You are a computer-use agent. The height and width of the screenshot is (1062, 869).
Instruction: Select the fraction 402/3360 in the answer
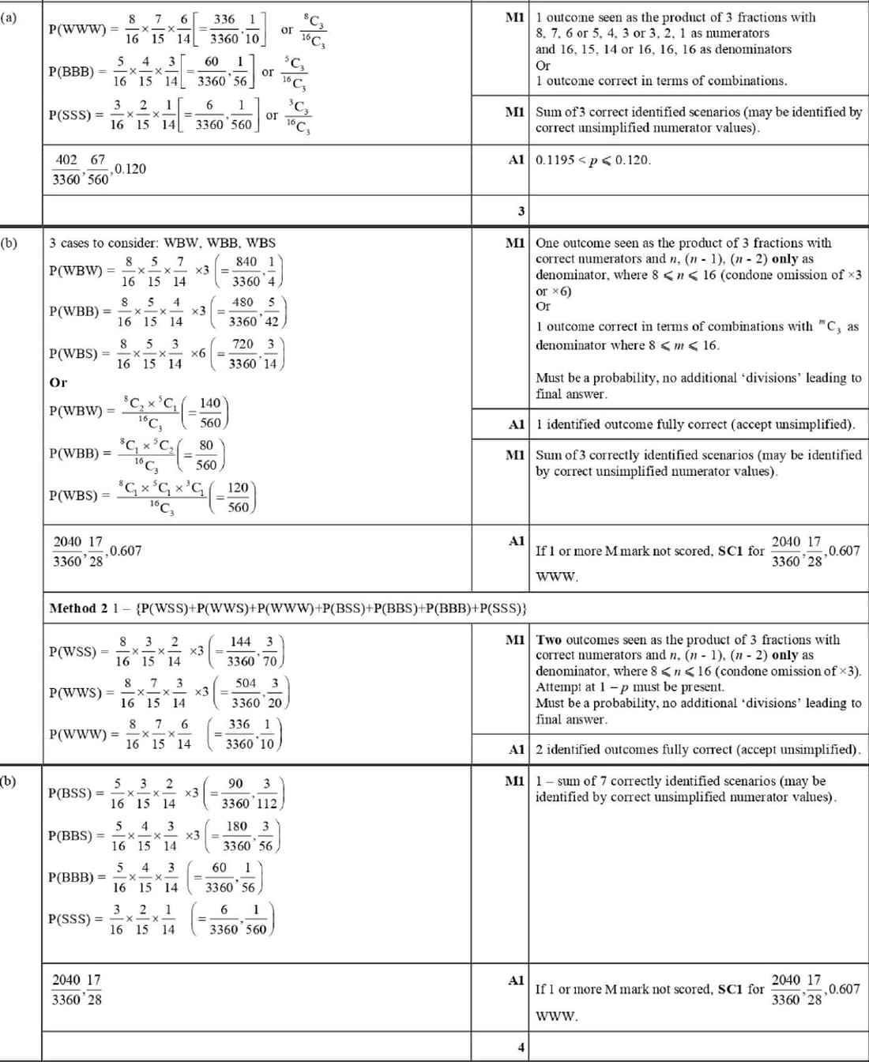click(66, 169)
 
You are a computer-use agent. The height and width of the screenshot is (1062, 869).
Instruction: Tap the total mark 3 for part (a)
click(521, 211)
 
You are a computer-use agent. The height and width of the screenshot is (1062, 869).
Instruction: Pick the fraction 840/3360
click(246, 271)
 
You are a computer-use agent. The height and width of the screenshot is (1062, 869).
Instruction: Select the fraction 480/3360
click(243, 311)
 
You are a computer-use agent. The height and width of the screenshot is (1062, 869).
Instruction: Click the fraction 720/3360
click(243, 353)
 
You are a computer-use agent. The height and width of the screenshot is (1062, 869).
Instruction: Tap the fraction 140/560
click(210, 412)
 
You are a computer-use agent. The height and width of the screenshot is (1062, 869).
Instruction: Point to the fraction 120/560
click(238, 497)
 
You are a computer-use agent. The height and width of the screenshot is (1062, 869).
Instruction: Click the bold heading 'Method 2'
click(78, 608)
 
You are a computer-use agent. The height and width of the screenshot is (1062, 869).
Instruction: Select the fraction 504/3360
click(246, 692)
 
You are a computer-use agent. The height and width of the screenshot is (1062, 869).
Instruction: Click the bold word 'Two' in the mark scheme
click(550, 640)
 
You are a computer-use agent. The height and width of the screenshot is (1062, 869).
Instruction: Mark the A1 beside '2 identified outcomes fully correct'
click(517, 749)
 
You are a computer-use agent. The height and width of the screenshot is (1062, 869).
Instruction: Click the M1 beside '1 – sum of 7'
click(515, 781)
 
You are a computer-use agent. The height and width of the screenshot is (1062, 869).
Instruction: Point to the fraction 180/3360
click(237, 835)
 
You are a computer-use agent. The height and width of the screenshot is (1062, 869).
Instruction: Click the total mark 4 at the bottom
click(521, 1048)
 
